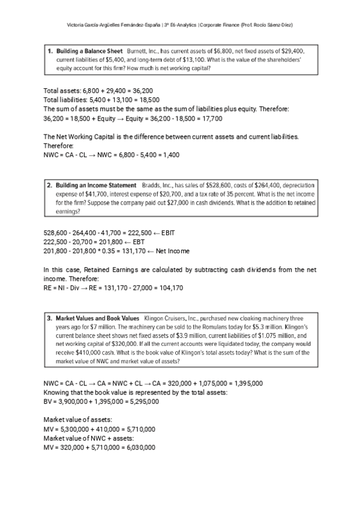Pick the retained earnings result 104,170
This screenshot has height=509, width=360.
coord(170,288)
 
